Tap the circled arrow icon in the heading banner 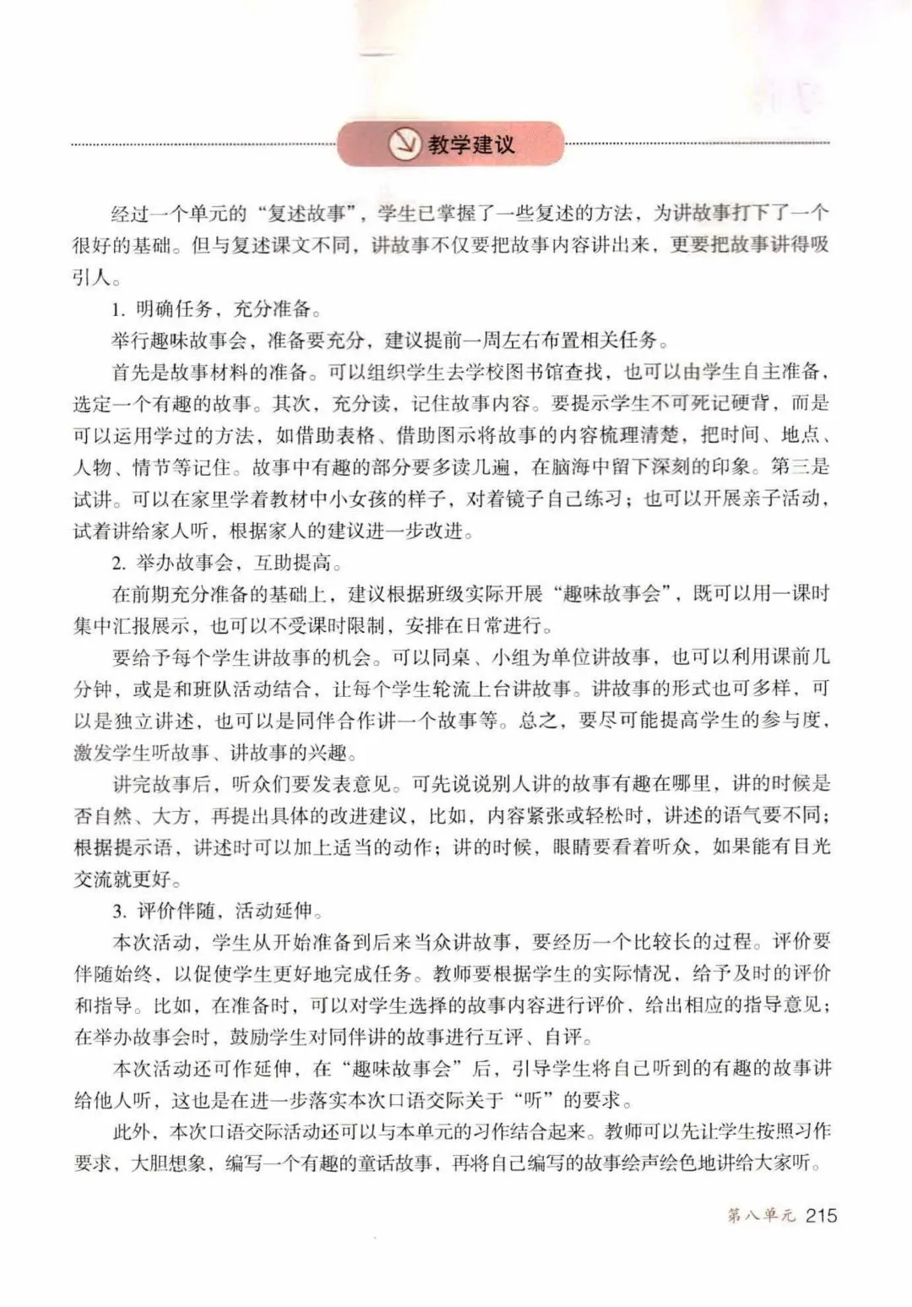point(404,144)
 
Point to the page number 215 point(820,1216)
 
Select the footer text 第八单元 point(761,1217)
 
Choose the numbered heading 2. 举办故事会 point(184,561)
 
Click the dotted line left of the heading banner point(203,144)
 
